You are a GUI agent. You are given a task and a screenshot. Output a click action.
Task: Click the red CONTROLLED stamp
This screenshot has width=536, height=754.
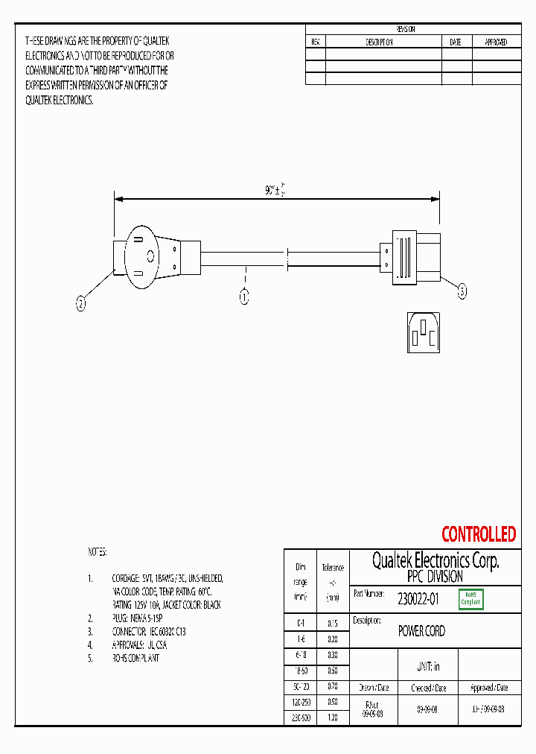pyautogui.click(x=478, y=534)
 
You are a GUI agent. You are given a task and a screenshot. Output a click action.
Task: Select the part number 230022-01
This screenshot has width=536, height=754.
pyautogui.click(x=418, y=598)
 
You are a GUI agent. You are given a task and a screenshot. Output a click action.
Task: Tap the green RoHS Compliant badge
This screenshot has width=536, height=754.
pyautogui.click(x=470, y=598)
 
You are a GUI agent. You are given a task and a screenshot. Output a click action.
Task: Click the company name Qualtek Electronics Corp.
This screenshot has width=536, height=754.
pyautogui.click(x=435, y=561)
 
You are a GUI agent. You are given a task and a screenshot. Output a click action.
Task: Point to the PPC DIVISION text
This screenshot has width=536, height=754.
pyautogui.click(x=435, y=577)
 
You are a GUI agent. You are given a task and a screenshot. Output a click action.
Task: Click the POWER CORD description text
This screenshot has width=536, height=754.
pyautogui.click(x=421, y=631)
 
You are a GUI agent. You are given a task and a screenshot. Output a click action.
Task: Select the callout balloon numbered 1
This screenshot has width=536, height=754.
pyautogui.click(x=243, y=297)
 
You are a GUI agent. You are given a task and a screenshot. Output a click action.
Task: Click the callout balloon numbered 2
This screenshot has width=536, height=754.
pyautogui.click(x=81, y=302)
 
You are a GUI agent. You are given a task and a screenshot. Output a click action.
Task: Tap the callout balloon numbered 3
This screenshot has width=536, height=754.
pyautogui.click(x=462, y=293)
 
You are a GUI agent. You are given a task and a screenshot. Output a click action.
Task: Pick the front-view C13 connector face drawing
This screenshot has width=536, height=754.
pyautogui.click(x=423, y=332)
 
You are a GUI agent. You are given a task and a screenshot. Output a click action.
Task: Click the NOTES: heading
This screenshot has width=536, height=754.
pyautogui.click(x=98, y=552)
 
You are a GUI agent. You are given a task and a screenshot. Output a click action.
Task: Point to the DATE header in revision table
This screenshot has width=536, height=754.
pyautogui.click(x=455, y=42)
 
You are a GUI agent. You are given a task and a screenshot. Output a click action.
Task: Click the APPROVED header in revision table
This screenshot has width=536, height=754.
pyautogui.click(x=496, y=42)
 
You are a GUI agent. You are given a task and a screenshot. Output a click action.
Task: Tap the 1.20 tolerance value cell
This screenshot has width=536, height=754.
pyautogui.click(x=333, y=717)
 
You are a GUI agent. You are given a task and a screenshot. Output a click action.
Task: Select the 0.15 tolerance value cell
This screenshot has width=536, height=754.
pyautogui.click(x=333, y=623)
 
